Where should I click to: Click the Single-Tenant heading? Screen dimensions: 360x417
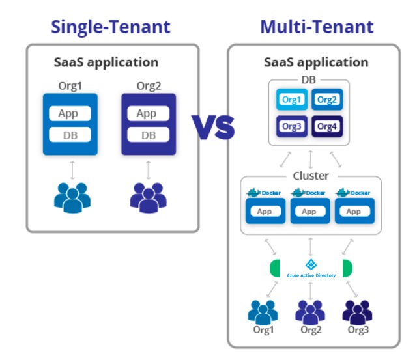[x=111, y=27]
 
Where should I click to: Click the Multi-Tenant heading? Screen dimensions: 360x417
[x=317, y=27]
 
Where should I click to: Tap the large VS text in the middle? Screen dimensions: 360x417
[x=212, y=126]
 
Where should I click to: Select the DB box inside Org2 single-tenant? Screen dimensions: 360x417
[x=149, y=135]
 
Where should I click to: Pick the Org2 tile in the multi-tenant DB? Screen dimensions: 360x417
[x=328, y=100]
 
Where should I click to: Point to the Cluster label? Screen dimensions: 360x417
[x=310, y=176]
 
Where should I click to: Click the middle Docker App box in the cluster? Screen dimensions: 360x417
[x=309, y=211]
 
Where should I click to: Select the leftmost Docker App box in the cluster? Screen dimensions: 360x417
[x=265, y=211]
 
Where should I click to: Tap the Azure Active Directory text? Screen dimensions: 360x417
[x=311, y=275]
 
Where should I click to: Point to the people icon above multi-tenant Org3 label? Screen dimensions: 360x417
[x=357, y=312]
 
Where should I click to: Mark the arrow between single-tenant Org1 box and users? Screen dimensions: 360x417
[x=72, y=170]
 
